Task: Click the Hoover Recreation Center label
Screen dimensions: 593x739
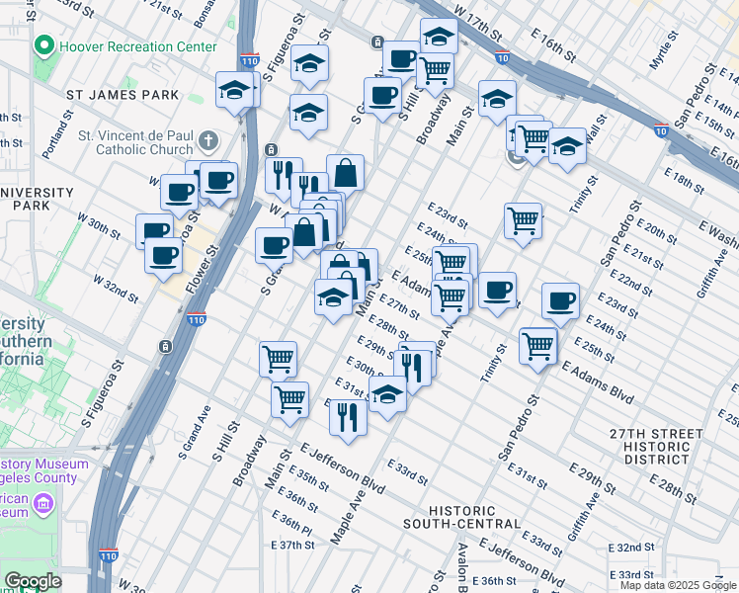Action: click(x=139, y=46)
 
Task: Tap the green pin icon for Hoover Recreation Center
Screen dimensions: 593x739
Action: click(x=43, y=46)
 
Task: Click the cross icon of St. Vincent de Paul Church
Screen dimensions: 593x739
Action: click(x=206, y=139)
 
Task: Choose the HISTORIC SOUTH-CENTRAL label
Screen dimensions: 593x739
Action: click(x=461, y=516)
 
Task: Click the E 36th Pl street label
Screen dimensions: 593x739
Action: click(x=295, y=516)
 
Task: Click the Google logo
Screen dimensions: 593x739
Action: click(x=32, y=581)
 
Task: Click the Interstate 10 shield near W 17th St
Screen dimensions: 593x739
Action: click(x=503, y=58)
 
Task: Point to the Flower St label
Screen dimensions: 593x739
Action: click(x=205, y=269)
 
